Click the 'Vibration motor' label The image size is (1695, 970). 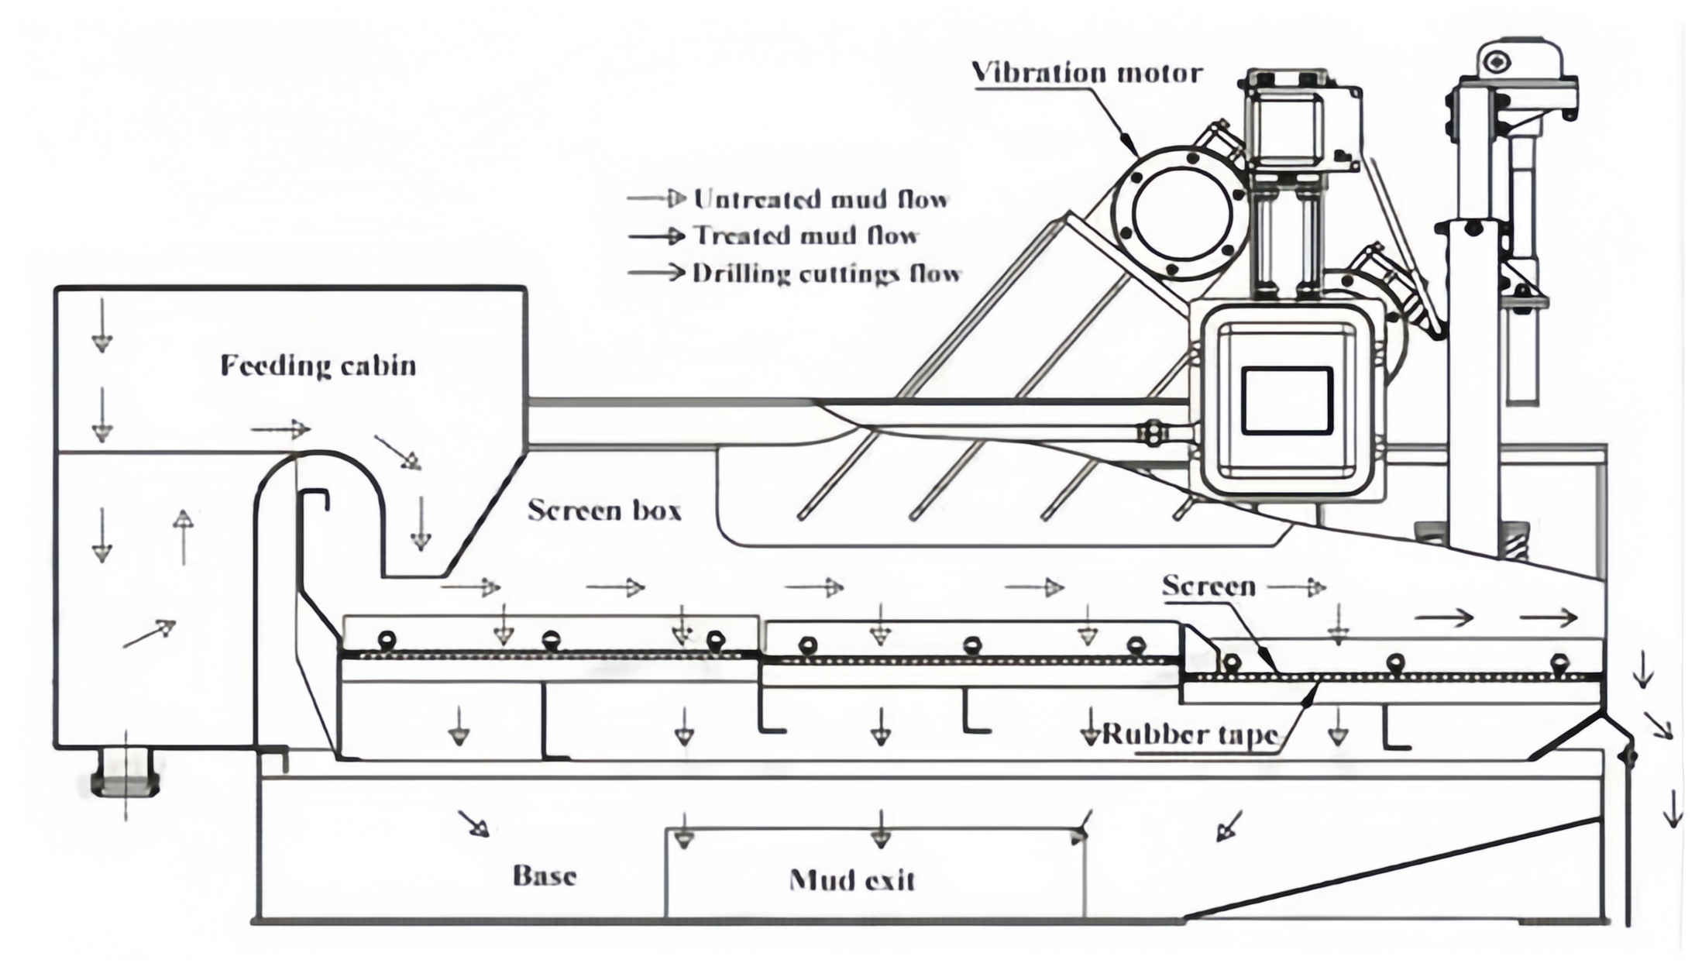tap(1087, 73)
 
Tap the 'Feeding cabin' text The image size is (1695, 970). tap(318, 366)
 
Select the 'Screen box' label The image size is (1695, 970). tap(604, 511)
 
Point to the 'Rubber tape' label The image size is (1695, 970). tap(1189, 734)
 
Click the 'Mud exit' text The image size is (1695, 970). tap(851, 880)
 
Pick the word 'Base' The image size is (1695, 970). tap(545, 875)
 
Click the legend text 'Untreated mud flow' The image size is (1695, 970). tap(820, 199)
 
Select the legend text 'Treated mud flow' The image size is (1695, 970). tap(806, 236)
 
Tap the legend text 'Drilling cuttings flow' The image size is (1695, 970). tap(827, 273)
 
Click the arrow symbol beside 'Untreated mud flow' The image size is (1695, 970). tap(657, 199)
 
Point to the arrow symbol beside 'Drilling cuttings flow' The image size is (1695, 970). tap(657, 273)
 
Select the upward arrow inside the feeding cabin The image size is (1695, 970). tap(183, 536)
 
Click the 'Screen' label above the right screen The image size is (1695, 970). tap(1209, 586)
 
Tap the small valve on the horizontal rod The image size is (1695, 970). tap(1153, 433)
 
